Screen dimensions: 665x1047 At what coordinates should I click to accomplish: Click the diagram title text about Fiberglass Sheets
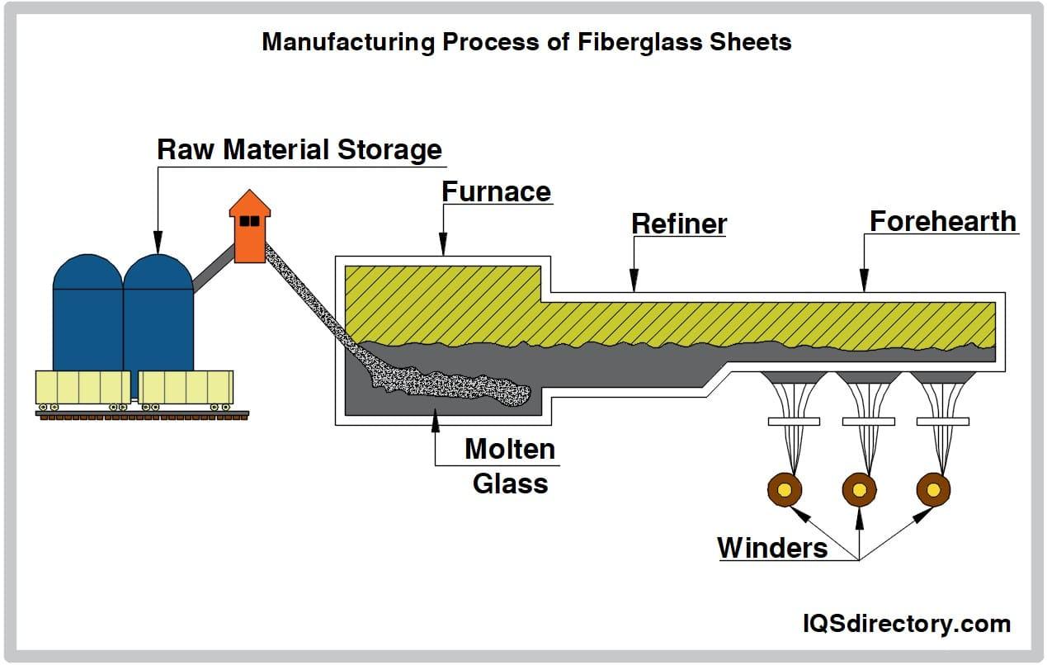526,42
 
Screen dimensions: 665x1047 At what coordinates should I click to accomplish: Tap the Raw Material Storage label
299,150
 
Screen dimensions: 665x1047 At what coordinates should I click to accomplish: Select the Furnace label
496,191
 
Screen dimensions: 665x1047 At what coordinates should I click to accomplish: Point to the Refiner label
679,224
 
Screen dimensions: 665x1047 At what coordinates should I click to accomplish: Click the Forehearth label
942,221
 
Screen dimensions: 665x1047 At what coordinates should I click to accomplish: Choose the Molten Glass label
510,466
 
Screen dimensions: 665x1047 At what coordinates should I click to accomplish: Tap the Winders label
772,547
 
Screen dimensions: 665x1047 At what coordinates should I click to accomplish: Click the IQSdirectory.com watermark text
906,624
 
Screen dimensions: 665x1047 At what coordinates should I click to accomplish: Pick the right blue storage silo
158,314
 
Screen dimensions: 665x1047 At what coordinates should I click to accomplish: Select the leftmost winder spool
784,490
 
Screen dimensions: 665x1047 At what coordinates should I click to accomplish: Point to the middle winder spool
859,490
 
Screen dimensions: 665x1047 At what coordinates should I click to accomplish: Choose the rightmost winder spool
933,490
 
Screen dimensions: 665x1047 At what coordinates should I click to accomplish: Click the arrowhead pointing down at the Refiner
633,284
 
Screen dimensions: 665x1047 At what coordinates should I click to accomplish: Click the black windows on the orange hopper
250,221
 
